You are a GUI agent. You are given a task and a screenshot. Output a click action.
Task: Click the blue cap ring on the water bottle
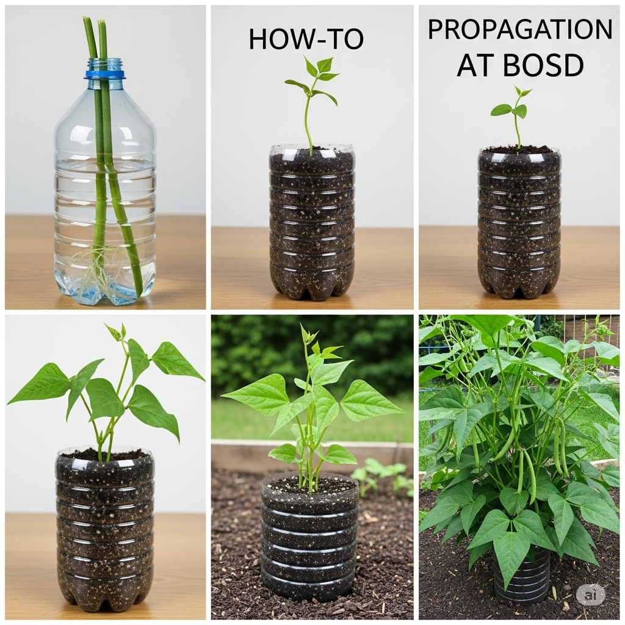coord(104,74)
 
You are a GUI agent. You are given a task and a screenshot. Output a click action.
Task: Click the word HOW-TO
coord(306,40)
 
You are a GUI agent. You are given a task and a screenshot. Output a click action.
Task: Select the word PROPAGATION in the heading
coord(520,29)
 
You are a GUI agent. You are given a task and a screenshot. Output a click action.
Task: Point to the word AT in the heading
coord(475,65)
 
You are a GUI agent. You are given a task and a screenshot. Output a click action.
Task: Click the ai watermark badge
coord(590,594)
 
